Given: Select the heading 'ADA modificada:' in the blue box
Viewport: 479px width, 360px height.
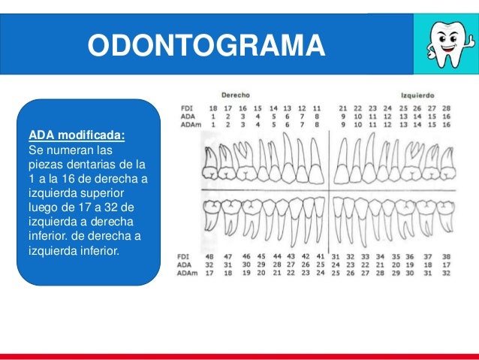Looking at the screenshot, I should [x=77, y=135].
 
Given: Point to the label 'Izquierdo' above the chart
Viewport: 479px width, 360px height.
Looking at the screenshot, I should [x=420, y=96].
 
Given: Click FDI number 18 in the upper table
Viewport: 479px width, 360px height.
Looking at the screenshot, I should [x=213, y=109].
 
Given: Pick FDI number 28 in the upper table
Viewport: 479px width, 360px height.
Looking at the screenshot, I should [x=446, y=109].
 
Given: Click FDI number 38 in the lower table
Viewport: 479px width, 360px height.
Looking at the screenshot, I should [x=446, y=257].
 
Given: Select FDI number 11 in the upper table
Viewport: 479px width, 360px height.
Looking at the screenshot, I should [x=317, y=109].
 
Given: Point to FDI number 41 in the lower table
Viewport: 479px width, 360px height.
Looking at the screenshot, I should [x=320, y=257].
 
